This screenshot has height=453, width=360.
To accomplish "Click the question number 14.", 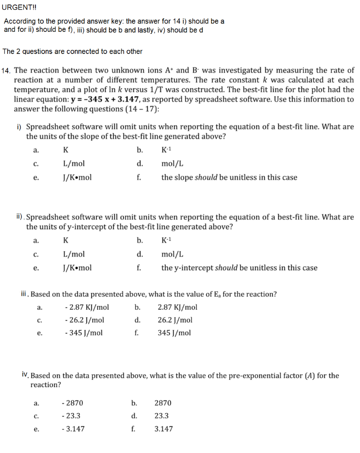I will [x=7, y=71].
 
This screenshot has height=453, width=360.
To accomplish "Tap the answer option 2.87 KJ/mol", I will [x=177, y=307].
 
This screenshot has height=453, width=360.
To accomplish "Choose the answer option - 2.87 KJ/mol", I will [x=86, y=307].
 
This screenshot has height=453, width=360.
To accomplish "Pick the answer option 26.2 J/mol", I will [x=175, y=320].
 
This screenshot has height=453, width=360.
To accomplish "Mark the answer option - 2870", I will [x=73, y=403].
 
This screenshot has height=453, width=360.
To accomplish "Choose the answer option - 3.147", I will [x=74, y=429].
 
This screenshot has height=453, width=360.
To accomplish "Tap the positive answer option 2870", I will [x=163, y=403].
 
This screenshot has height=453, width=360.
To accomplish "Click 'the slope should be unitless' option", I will [x=229, y=177].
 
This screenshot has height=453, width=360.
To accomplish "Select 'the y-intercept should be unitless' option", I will [x=239, y=268].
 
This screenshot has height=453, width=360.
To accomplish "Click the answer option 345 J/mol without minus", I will [x=174, y=333].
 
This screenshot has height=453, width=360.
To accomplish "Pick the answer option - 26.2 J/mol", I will [x=84, y=320].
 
